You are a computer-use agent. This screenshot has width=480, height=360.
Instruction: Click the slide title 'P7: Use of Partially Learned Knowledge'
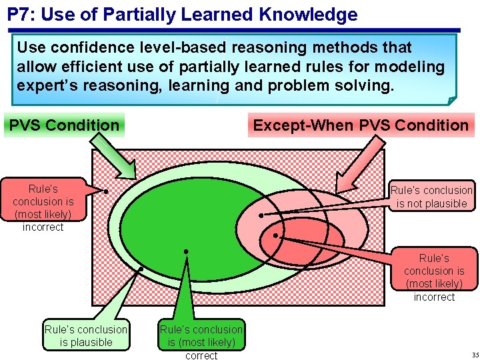[x=182, y=15]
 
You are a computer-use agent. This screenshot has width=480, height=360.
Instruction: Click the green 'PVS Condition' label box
[x=64, y=125]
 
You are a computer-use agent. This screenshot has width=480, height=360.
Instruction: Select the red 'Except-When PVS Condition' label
[x=361, y=125]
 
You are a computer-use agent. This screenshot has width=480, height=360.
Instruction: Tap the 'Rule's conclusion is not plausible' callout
[x=431, y=197]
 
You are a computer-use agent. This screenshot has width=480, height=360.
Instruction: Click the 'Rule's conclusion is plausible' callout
[x=86, y=335]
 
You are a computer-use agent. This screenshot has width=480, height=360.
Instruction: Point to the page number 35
[x=474, y=354]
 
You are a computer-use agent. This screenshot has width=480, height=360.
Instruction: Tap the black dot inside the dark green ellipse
[x=186, y=251]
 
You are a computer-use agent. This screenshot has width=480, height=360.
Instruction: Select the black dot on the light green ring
[x=141, y=269]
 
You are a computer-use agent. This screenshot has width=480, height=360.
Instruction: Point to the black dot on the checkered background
[x=106, y=191]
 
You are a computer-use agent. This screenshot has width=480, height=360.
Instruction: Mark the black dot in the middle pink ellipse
[x=261, y=215]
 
